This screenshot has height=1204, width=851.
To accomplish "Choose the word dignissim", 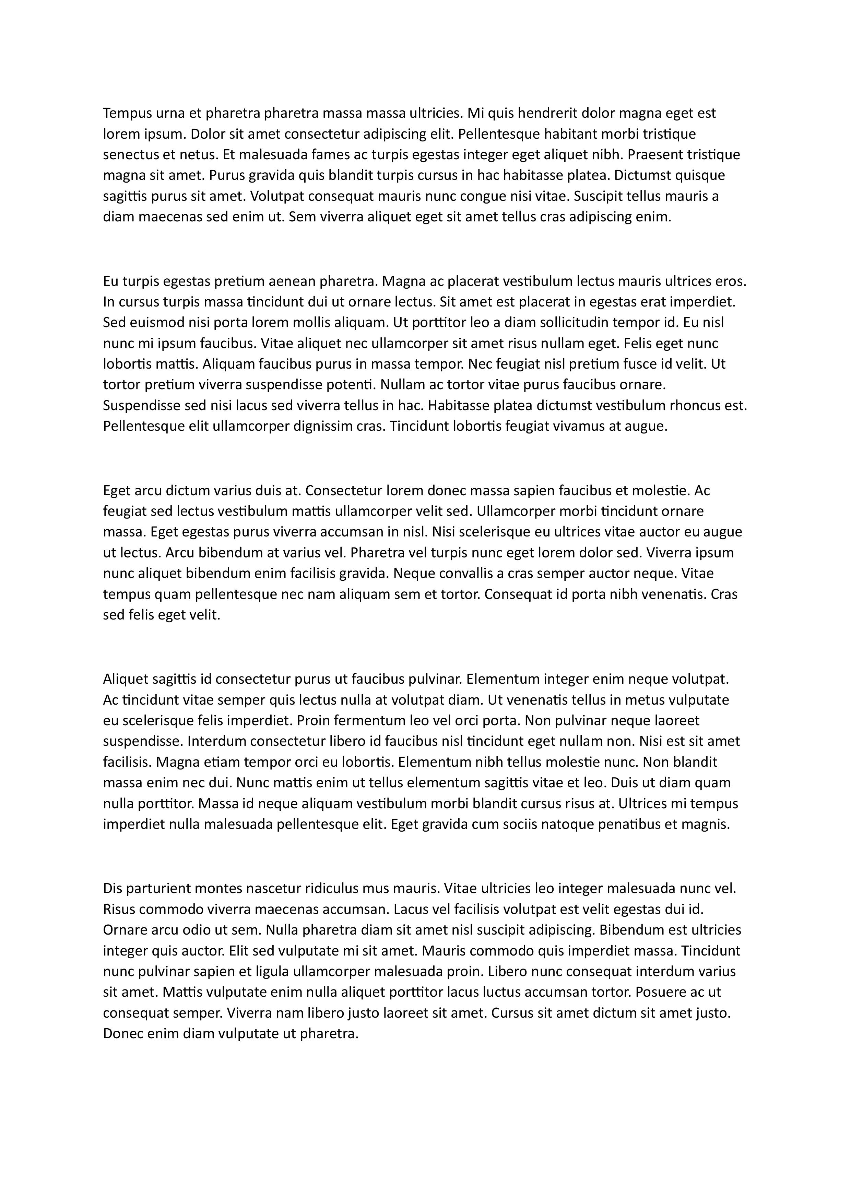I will pyautogui.click(x=323, y=426).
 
